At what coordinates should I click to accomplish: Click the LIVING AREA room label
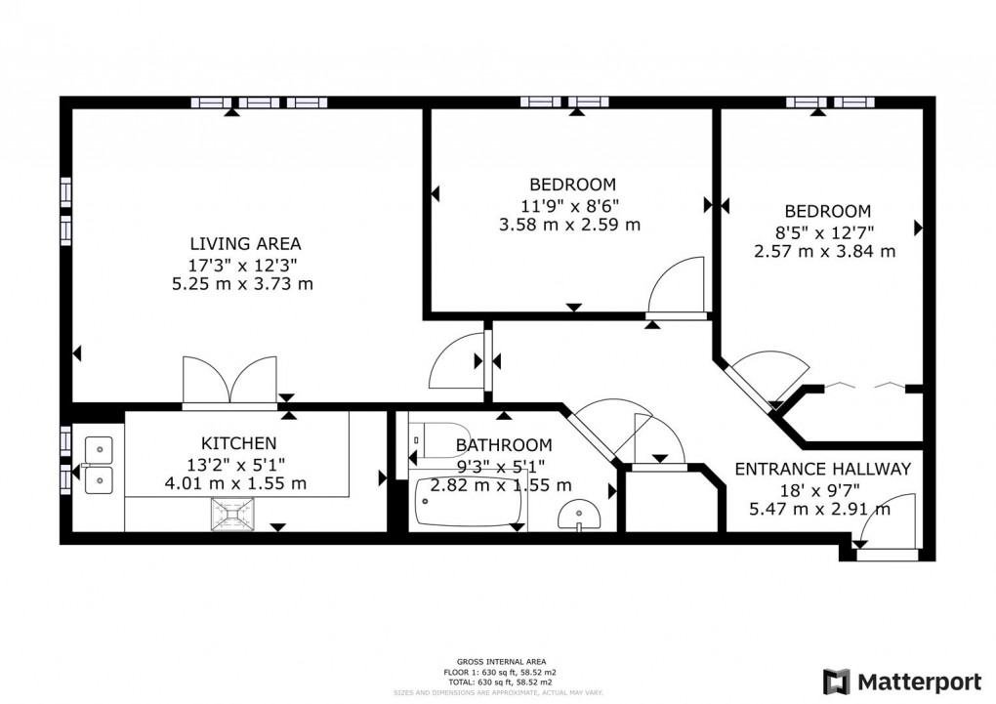(x=245, y=244)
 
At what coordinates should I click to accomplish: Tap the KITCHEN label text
(x=239, y=443)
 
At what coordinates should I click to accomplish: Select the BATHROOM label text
(x=504, y=445)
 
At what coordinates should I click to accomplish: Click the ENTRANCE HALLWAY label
(x=822, y=469)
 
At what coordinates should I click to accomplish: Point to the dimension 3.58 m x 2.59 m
(x=569, y=224)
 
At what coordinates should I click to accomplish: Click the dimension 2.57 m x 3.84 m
(x=825, y=251)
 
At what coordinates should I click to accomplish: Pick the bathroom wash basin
(x=580, y=515)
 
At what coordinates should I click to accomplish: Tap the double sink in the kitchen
(x=99, y=465)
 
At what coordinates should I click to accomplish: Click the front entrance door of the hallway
(x=891, y=527)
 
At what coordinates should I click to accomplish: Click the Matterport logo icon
(x=836, y=681)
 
